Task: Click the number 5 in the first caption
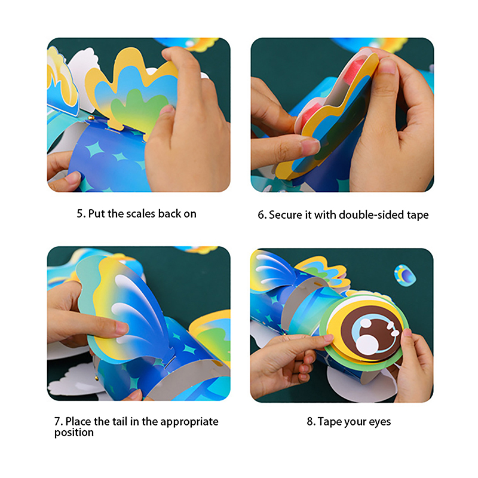click(x=79, y=214)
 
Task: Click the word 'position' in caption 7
click(x=73, y=433)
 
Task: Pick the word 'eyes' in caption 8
click(x=380, y=422)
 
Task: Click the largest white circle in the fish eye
click(x=367, y=345)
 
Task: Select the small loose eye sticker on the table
click(x=405, y=275)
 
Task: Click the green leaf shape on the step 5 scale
click(x=137, y=110)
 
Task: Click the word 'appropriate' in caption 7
click(x=189, y=422)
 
